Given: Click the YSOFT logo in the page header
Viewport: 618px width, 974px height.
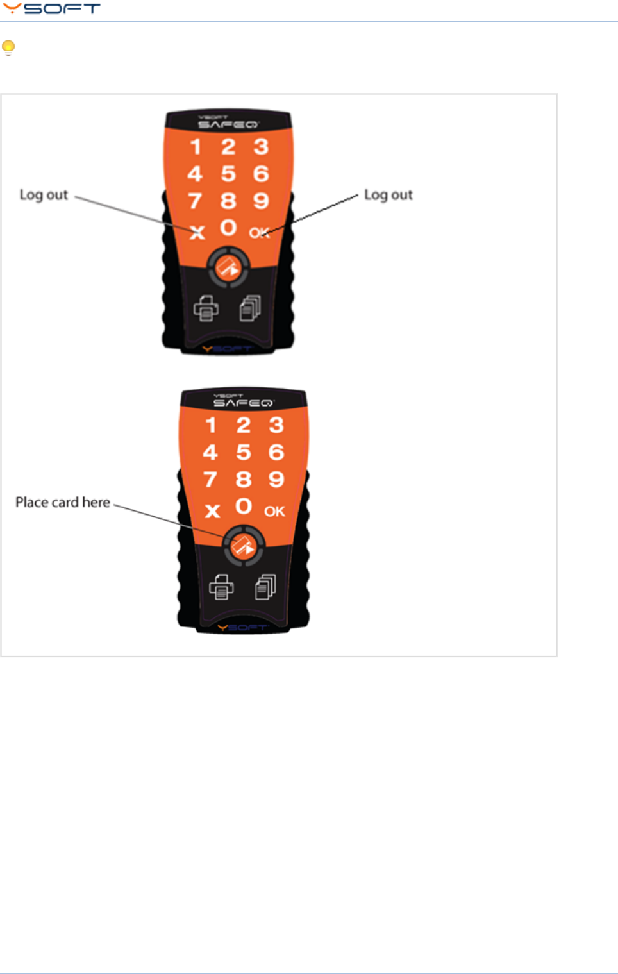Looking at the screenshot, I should tap(51, 9).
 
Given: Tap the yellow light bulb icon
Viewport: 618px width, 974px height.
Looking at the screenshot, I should tap(8, 48).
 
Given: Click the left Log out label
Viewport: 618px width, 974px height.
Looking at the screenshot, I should tap(44, 195).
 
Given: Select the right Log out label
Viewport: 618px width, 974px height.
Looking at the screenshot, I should tap(388, 195).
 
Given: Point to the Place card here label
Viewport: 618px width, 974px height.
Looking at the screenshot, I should tap(63, 502).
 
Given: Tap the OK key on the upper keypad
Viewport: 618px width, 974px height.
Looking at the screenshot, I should tap(259, 232).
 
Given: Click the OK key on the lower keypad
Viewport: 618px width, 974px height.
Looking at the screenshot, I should tap(274, 511).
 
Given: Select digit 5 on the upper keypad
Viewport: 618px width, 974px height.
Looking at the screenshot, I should tap(228, 174).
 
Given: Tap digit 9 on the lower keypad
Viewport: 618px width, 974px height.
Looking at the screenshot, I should tap(276, 479).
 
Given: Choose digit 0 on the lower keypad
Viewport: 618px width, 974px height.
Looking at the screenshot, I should tap(244, 507).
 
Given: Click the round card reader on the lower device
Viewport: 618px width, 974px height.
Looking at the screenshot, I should tap(244, 546).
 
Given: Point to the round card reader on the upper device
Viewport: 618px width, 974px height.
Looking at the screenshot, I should tap(228, 267).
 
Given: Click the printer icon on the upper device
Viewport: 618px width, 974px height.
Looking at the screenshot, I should tap(206, 308).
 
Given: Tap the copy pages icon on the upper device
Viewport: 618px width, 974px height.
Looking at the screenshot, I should tap(250, 308).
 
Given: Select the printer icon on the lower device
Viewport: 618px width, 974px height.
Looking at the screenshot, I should tap(221, 587).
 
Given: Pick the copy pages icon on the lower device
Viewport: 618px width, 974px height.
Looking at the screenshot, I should tap(265, 587).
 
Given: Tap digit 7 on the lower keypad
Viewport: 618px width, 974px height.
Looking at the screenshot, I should tap(210, 480).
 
